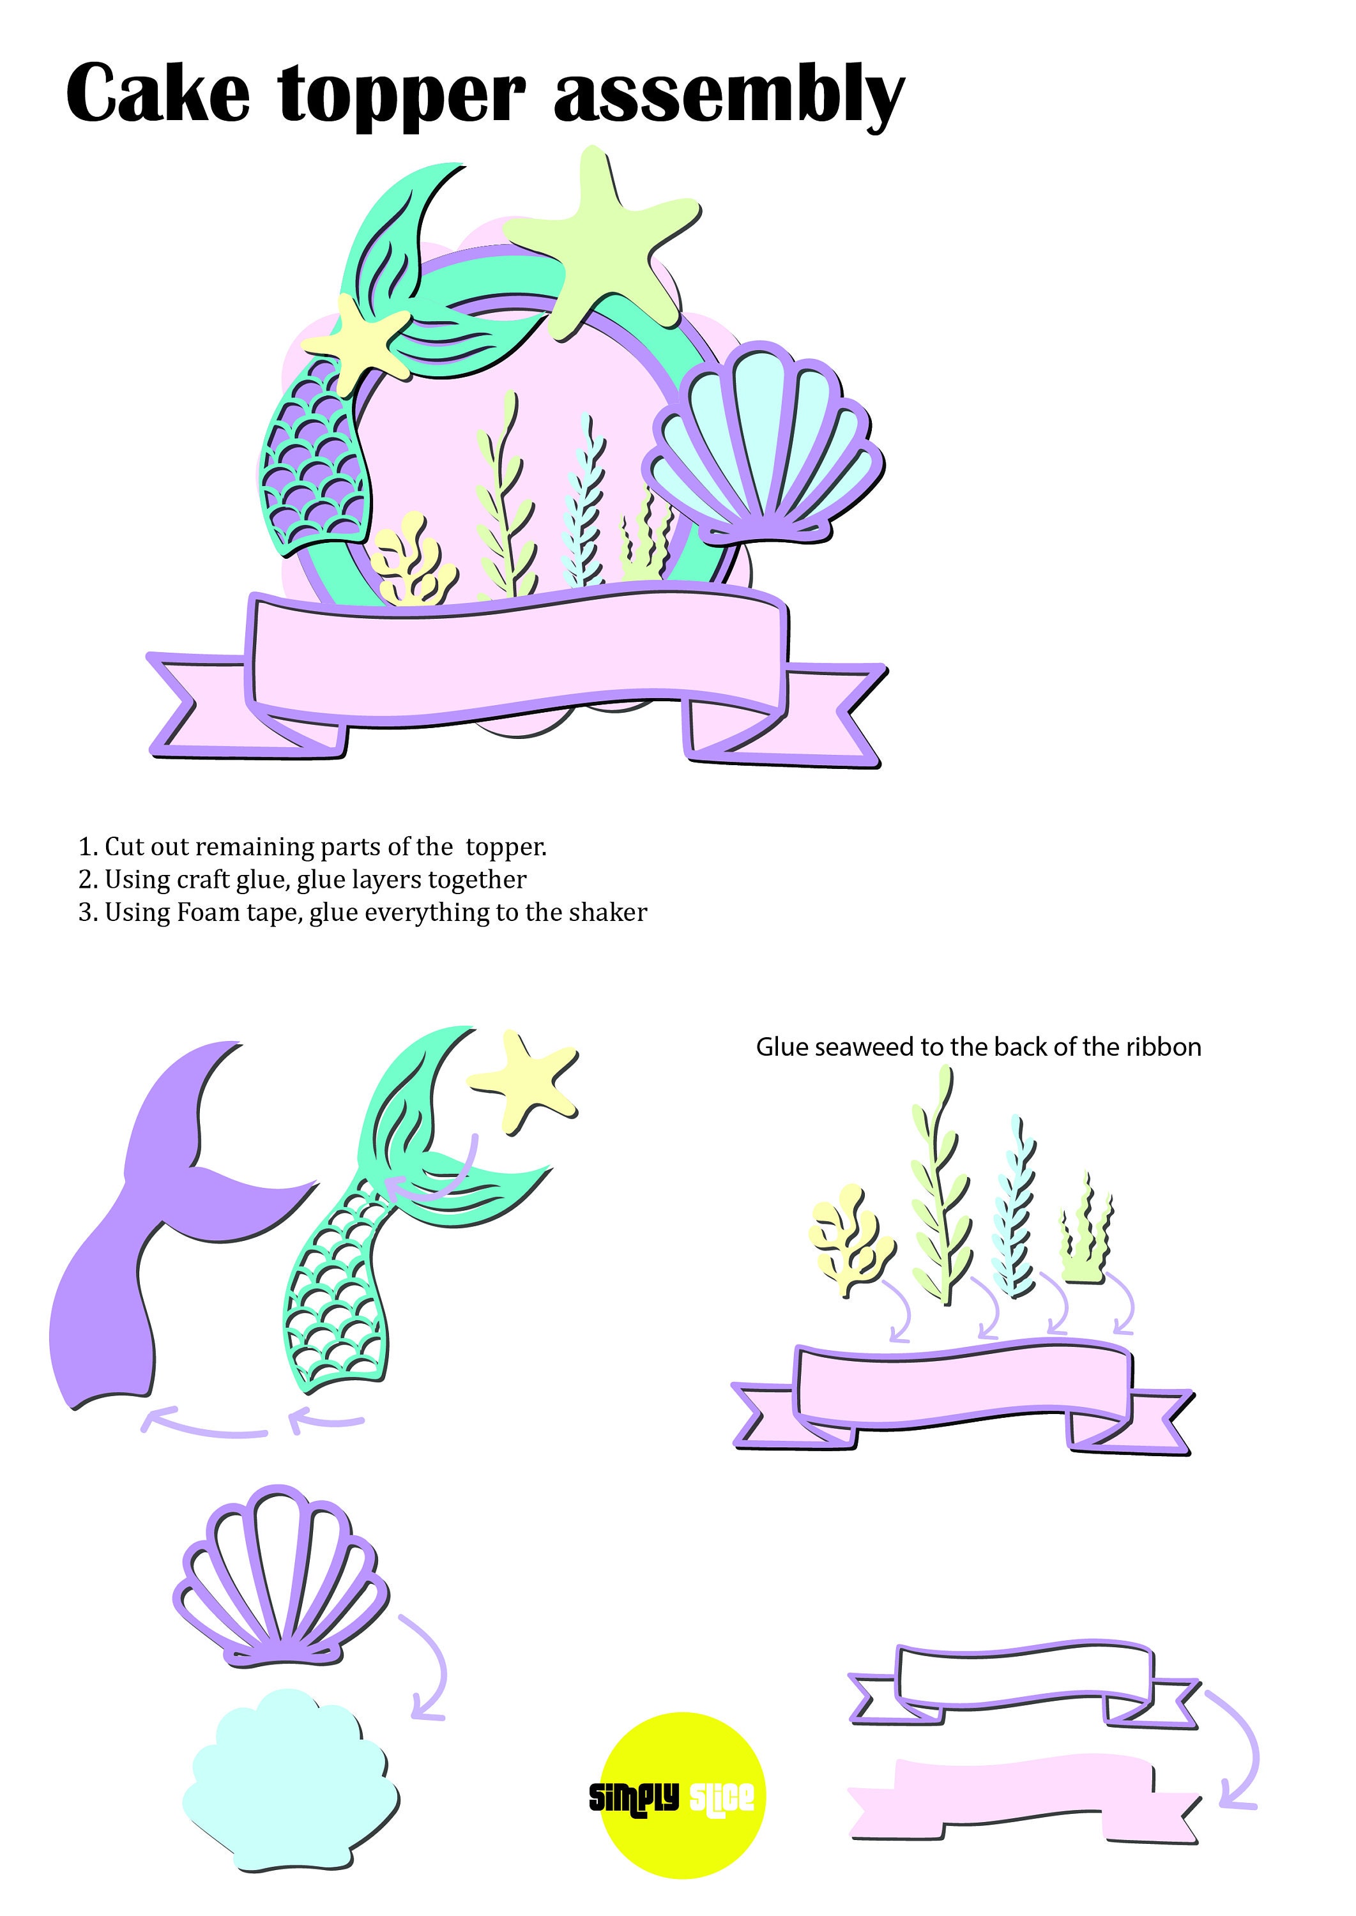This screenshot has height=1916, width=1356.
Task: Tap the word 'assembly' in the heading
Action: [728, 96]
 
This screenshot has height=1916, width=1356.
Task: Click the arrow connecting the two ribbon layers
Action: [1239, 1745]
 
